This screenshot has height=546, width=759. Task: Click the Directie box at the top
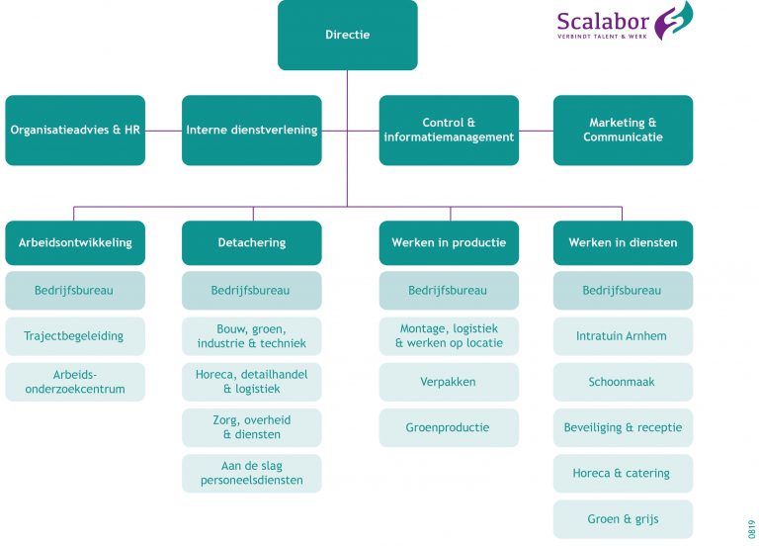click(x=347, y=35)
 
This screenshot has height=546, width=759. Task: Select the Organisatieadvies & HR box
click(x=75, y=130)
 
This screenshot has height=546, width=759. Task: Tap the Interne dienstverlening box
click(x=251, y=130)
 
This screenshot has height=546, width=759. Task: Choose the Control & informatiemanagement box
click(x=449, y=130)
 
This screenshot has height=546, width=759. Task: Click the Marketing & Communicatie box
click(x=623, y=130)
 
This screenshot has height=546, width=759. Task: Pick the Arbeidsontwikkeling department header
click(x=75, y=242)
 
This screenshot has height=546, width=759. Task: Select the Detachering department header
click(x=251, y=242)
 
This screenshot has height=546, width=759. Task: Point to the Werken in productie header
click(x=449, y=242)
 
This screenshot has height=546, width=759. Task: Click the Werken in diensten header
click(x=623, y=242)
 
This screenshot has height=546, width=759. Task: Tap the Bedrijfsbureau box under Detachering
click(x=251, y=291)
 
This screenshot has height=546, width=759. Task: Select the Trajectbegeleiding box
click(x=75, y=336)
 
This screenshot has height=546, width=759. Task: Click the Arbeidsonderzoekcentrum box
click(x=75, y=382)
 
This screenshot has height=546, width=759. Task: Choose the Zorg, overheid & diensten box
click(x=251, y=427)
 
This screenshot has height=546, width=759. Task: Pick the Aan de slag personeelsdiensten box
click(x=251, y=473)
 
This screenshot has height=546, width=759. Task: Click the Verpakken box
click(x=449, y=382)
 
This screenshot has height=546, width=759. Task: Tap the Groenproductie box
click(x=449, y=427)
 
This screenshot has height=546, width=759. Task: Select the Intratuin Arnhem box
click(x=623, y=336)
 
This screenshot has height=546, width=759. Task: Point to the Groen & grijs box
click(x=623, y=518)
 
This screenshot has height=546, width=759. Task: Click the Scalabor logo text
click(x=603, y=22)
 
